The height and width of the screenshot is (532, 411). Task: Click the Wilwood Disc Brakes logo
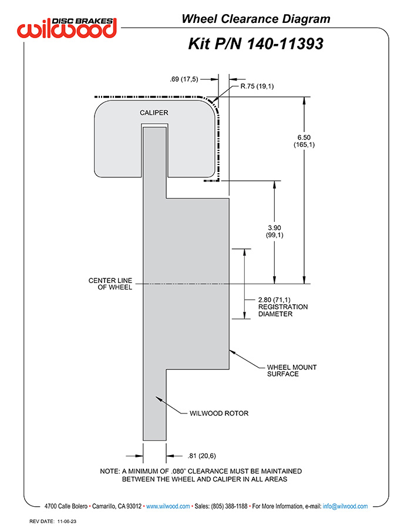pyautogui.click(x=67, y=28)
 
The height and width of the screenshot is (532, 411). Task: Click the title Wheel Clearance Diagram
pyautogui.click(x=256, y=19)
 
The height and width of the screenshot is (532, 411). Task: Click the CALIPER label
pyautogui.click(x=154, y=113)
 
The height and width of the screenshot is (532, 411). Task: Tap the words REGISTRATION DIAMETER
pyautogui.click(x=283, y=311)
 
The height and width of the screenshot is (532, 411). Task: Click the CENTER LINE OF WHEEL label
pyautogui.click(x=110, y=284)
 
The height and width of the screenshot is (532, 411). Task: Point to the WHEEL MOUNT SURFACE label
pyautogui.click(x=292, y=371)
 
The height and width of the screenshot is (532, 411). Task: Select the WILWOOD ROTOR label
pyautogui.click(x=219, y=413)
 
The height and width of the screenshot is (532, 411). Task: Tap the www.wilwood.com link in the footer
pyautogui.click(x=168, y=506)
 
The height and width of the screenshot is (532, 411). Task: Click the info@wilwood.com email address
pyautogui.click(x=345, y=506)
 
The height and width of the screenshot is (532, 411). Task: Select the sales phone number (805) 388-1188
pyautogui.click(x=229, y=506)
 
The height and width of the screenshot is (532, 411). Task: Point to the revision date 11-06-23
pyautogui.click(x=67, y=521)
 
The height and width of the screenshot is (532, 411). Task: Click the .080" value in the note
pyautogui.click(x=178, y=472)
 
